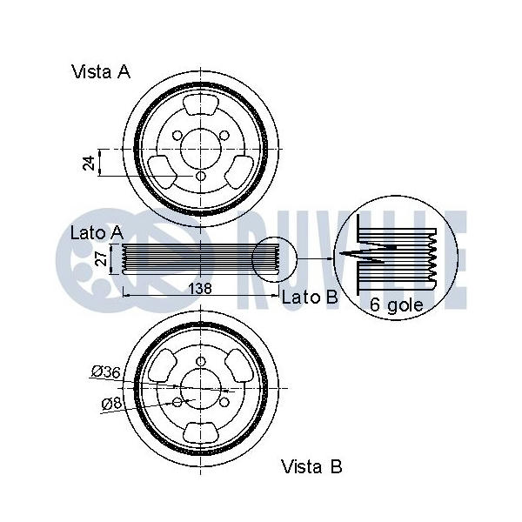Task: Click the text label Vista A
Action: coord(101,72)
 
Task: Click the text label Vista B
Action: coord(311,467)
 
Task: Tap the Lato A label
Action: coord(97,232)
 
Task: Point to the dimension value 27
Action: coord(101,258)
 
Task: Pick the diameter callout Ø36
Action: coord(104,372)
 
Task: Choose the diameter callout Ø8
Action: coord(110,403)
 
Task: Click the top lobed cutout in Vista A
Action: coord(201,107)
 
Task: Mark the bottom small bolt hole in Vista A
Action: coord(201,177)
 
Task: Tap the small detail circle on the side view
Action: coord(274,259)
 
